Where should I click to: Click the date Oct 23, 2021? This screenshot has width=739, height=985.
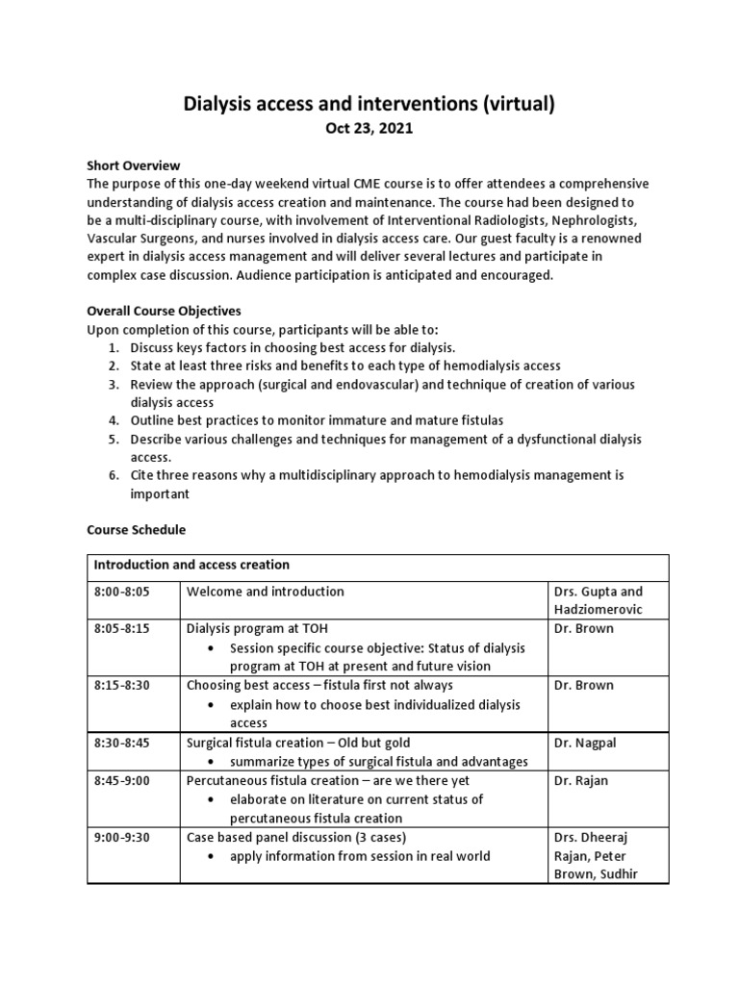(x=369, y=129)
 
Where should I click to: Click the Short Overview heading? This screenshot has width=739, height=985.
(x=134, y=165)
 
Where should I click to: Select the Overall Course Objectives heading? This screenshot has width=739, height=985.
(x=165, y=312)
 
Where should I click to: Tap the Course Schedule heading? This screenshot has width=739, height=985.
(x=137, y=530)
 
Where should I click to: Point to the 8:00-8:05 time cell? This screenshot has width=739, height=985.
(x=122, y=592)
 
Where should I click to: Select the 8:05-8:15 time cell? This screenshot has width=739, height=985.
(x=122, y=628)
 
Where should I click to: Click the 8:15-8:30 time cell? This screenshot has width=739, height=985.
(x=122, y=686)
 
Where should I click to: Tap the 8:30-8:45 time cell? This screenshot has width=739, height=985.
(x=122, y=744)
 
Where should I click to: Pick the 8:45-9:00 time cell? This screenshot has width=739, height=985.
(x=122, y=781)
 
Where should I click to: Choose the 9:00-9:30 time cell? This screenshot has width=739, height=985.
(x=122, y=838)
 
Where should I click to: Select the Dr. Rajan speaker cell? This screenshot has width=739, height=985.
(x=580, y=781)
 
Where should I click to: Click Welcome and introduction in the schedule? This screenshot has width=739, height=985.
(x=266, y=592)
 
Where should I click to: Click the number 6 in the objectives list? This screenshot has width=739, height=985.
(x=113, y=475)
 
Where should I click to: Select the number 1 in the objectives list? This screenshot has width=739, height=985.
(x=113, y=347)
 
